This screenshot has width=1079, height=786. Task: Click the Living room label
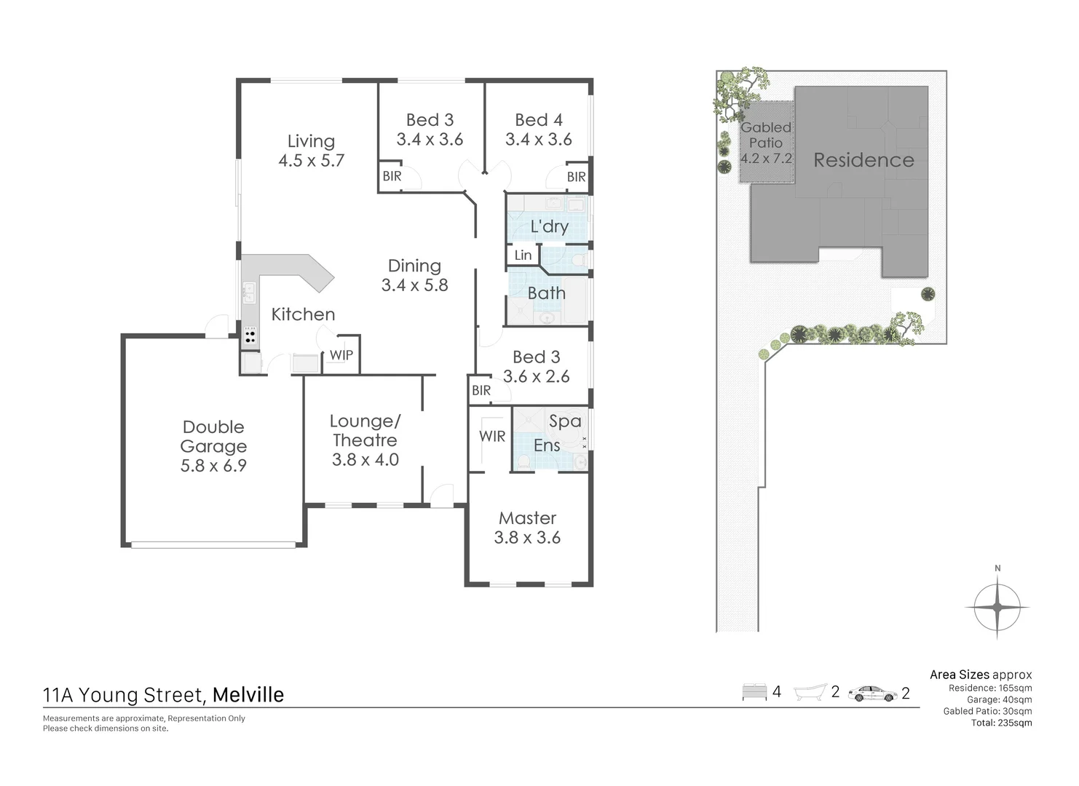[x=311, y=141]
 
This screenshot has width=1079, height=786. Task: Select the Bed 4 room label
[x=538, y=120]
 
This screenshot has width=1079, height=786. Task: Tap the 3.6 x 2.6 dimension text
[x=536, y=376]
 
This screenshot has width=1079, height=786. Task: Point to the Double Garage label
[x=213, y=437]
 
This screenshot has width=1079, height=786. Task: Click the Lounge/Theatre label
[x=365, y=431]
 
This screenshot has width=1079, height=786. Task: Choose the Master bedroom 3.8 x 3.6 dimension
[x=527, y=538]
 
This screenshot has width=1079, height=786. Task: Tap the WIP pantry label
[x=341, y=355]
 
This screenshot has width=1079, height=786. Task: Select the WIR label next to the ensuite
[x=492, y=437]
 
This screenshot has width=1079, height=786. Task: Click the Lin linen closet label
[x=523, y=255]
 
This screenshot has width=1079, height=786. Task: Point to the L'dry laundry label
[x=549, y=226]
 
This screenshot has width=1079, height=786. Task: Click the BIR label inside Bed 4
[x=576, y=177]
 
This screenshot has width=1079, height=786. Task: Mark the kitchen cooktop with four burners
[x=250, y=336]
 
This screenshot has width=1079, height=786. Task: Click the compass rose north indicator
[x=997, y=606]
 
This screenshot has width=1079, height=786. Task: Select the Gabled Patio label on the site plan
[x=766, y=135]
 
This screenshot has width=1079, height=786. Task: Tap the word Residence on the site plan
[x=863, y=160]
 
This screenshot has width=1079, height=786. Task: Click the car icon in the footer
[x=872, y=693]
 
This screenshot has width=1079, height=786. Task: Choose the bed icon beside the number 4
[x=754, y=692]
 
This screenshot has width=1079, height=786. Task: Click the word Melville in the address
[x=248, y=695]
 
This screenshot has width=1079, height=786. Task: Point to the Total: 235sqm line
[x=1001, y=723]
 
